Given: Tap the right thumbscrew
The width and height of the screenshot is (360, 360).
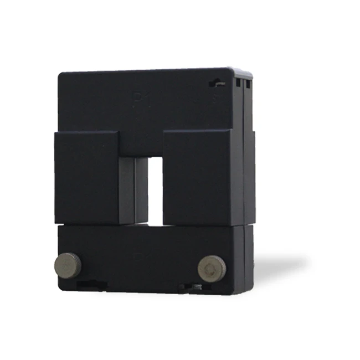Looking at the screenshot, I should click(212, 268).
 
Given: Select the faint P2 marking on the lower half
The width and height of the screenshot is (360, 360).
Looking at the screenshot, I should click(140, 256).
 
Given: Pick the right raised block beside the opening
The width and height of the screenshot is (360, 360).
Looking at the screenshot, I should click(196, 177).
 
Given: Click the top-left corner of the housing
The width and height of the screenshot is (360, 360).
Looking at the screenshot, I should click(60, 74).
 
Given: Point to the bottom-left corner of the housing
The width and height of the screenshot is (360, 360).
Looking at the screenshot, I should click(60, 289).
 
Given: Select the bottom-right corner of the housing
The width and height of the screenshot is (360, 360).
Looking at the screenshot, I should click(252, 290).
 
